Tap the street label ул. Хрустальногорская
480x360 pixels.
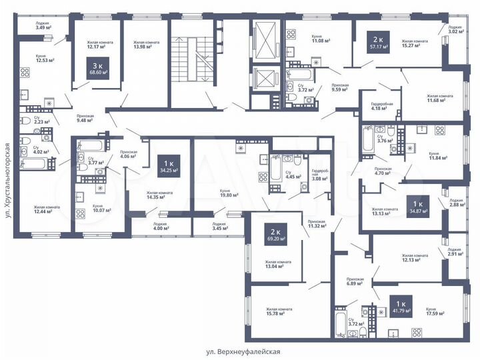(x=8, y=180)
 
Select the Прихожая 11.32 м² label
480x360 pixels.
(x=316, y=223)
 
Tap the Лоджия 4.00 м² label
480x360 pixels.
(x=160, y=227)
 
